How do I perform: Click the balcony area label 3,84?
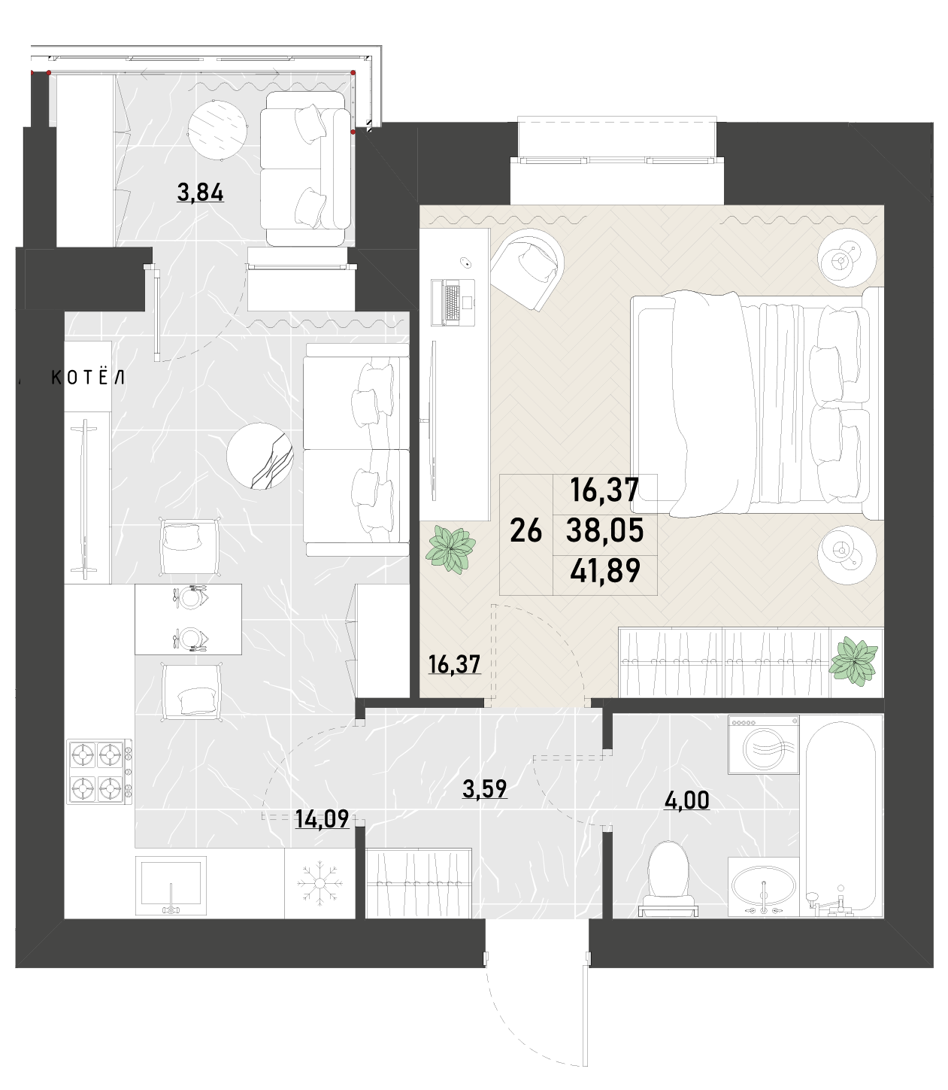coord(200,192)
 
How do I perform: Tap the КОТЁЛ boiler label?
coord(88,377)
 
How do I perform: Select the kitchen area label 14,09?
coord(322,819)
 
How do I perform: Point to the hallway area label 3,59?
coord(484,788)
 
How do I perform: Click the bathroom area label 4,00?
coord(686,800)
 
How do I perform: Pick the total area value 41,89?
coord(605,570)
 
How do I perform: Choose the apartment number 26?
coord(526,530)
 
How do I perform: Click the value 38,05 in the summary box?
coord(605,530)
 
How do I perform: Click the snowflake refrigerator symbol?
coord(320,885)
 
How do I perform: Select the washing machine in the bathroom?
coord(764,745)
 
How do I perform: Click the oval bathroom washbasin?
coord(764,887)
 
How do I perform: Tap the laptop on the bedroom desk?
coord(453,302)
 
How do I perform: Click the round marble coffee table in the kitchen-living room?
coord(260,456)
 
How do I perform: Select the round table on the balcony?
coord(218,129)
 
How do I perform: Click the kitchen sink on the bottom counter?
coord(171,885)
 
